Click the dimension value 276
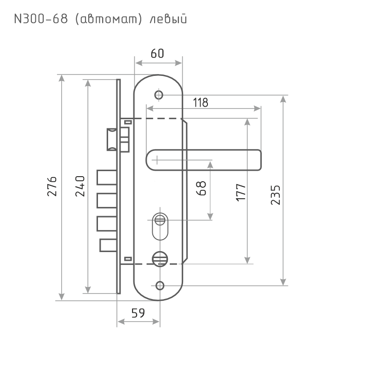52,186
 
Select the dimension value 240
79,186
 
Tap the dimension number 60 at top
158,53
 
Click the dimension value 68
201,189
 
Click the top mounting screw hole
159,95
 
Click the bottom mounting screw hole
159,285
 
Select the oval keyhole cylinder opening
160,226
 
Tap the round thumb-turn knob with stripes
159,261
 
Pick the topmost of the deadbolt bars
105,178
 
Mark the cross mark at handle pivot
157,160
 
